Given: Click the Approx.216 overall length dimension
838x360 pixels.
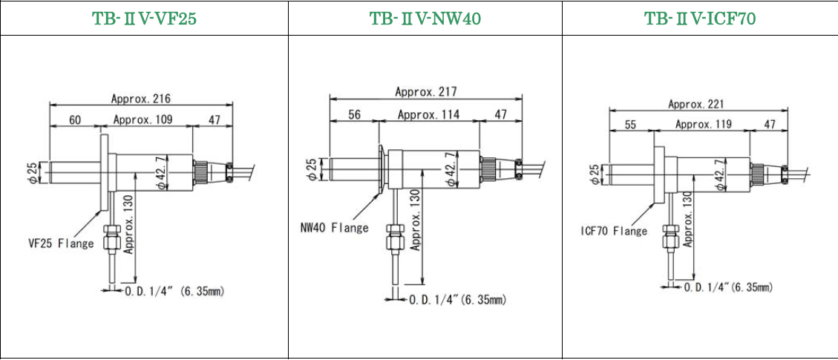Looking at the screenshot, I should coord(141,98).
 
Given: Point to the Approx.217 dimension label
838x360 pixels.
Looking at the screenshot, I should coord(426,92).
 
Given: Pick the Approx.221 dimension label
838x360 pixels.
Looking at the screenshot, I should coord(695,105).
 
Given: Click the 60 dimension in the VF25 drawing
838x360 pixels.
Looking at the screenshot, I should coord(75,120).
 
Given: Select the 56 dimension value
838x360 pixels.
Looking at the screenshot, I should coord(354,114).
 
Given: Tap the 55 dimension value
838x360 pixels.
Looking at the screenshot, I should coord(631,125).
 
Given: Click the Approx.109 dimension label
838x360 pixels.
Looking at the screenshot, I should coord(143,120).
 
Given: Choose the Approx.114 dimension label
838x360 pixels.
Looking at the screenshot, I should coord(428,114).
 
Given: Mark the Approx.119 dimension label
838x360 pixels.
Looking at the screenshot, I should coord(703,125).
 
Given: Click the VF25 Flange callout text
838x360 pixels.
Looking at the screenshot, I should coord(61,243).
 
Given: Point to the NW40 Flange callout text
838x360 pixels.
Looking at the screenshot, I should coord(329,228).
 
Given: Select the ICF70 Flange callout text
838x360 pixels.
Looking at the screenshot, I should coord(614,231).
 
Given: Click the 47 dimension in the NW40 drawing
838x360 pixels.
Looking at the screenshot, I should coord(501,114).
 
